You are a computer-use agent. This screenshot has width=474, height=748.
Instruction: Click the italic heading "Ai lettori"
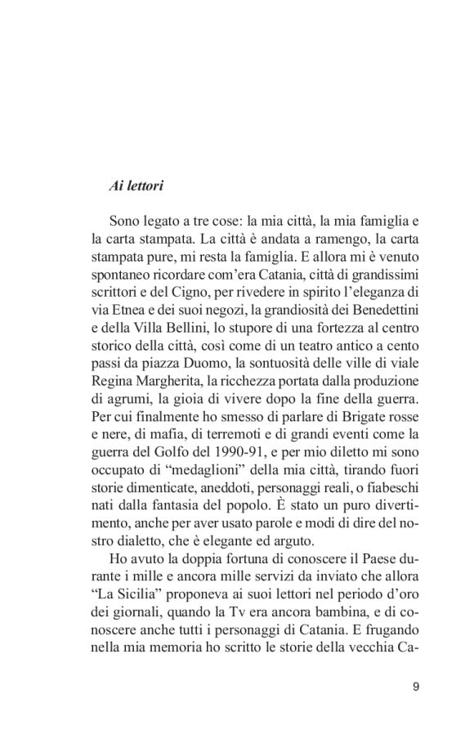[136, 186]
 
